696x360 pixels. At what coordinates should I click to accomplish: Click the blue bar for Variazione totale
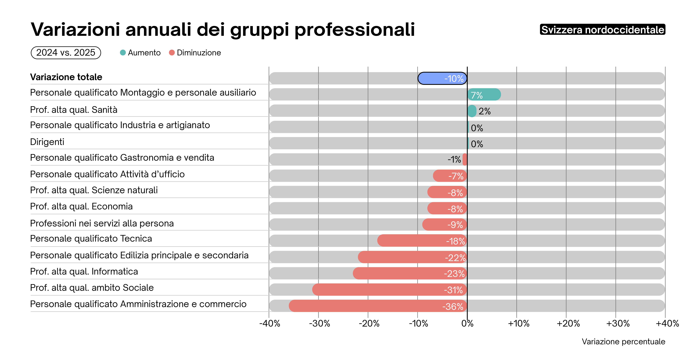click(442, 78)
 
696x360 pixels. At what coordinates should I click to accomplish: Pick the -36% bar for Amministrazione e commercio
click(378, 306)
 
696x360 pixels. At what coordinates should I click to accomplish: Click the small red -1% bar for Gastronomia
click(465, 160)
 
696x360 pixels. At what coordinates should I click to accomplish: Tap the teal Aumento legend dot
click(123, 53)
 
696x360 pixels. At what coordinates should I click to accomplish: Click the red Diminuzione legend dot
click(172, 53)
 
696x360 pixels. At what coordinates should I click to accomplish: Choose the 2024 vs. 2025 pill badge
click(66, 53)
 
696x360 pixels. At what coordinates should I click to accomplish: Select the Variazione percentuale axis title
click(623, 342)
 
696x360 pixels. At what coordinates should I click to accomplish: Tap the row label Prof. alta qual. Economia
click(81, 206)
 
